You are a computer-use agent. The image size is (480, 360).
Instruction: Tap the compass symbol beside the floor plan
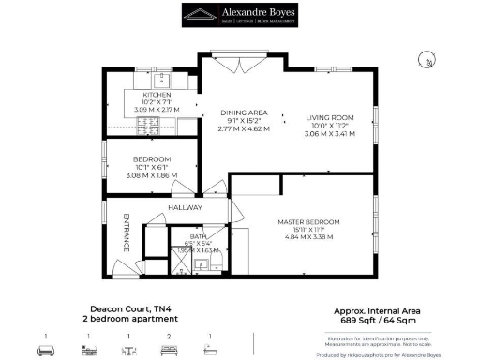(x=426, y=59)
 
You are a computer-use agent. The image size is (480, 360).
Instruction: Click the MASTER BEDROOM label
(x=308, y=221)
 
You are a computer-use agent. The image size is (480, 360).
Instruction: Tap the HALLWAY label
(x=186, y=207)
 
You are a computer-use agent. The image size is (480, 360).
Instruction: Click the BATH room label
(x=199, y=236)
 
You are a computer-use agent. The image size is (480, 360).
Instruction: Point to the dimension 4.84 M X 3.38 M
(x=308, y=237)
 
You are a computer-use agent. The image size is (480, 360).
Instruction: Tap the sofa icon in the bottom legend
(x=44, y=350)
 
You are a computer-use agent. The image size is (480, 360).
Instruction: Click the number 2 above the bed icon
(x=168, y=336)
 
